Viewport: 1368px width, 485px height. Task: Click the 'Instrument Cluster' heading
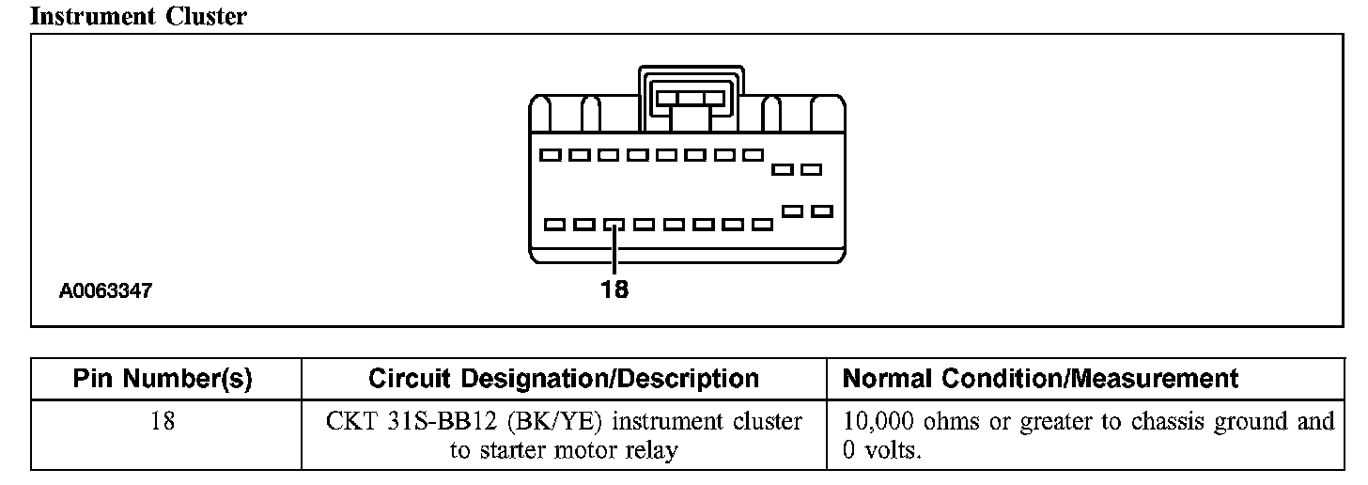[x=139, y=16]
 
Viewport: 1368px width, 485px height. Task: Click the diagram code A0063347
[x=105, y=292]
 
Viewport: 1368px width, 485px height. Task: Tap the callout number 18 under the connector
[x=614, y=289]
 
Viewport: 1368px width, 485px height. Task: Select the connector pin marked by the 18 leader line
[x=614, y=225]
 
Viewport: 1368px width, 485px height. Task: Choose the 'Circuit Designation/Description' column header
[x=564, y=379]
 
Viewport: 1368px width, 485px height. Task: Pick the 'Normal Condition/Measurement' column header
[x=1040, y=379]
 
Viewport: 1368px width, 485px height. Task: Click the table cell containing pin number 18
[x=164, y=421]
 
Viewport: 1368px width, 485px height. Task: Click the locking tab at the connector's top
[x=691, y=98]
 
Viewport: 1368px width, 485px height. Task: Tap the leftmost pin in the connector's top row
[x=552, y=154]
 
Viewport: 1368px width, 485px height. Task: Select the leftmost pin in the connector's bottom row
[x=554, y=225]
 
